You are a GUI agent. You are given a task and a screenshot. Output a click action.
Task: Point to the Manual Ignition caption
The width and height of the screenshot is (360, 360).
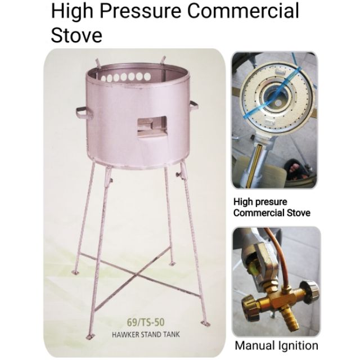pos(276,345)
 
